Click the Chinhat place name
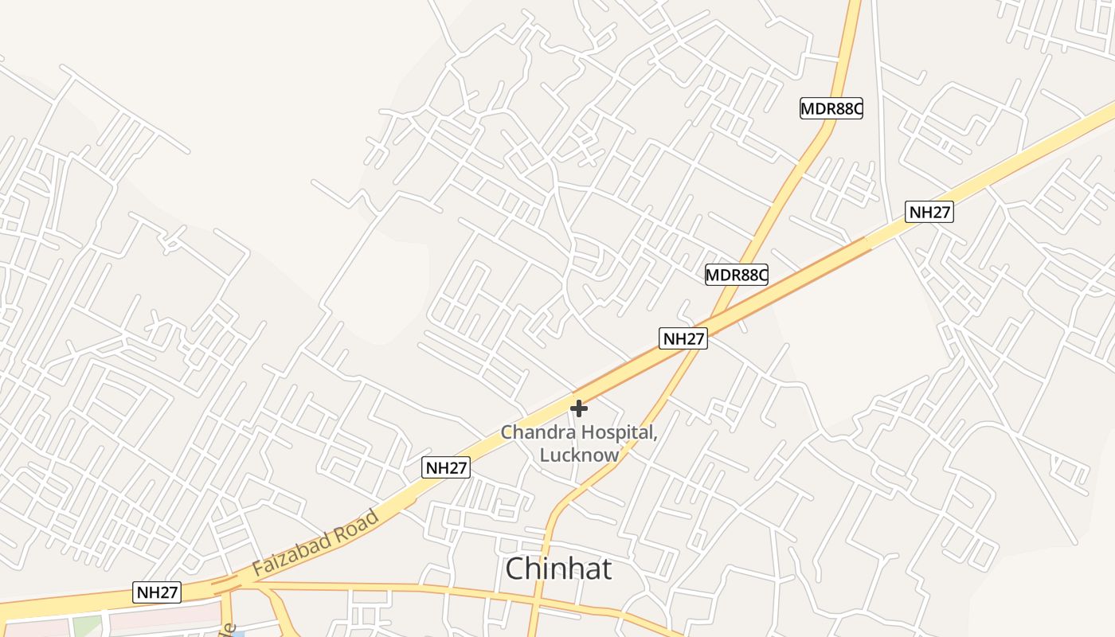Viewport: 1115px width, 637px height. tap(559, 569)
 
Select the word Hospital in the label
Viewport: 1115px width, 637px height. tap(618, 433)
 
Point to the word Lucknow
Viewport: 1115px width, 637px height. tap(579, 455)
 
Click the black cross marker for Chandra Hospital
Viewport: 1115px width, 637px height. tap(579, 408)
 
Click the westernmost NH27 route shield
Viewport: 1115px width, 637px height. tap(158, 592)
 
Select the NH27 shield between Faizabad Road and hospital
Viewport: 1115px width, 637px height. tap(446, 467)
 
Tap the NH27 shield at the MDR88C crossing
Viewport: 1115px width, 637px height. tap(683, 338)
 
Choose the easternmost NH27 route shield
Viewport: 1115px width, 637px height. tap(929, 212)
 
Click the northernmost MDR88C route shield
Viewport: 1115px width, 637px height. tap(831, 108)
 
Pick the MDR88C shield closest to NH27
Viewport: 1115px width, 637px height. tap(736, 275)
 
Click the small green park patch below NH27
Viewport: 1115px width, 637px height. tap(88, 626)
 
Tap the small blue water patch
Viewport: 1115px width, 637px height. tap(237, 633)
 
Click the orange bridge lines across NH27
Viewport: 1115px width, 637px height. tap(225, 584)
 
